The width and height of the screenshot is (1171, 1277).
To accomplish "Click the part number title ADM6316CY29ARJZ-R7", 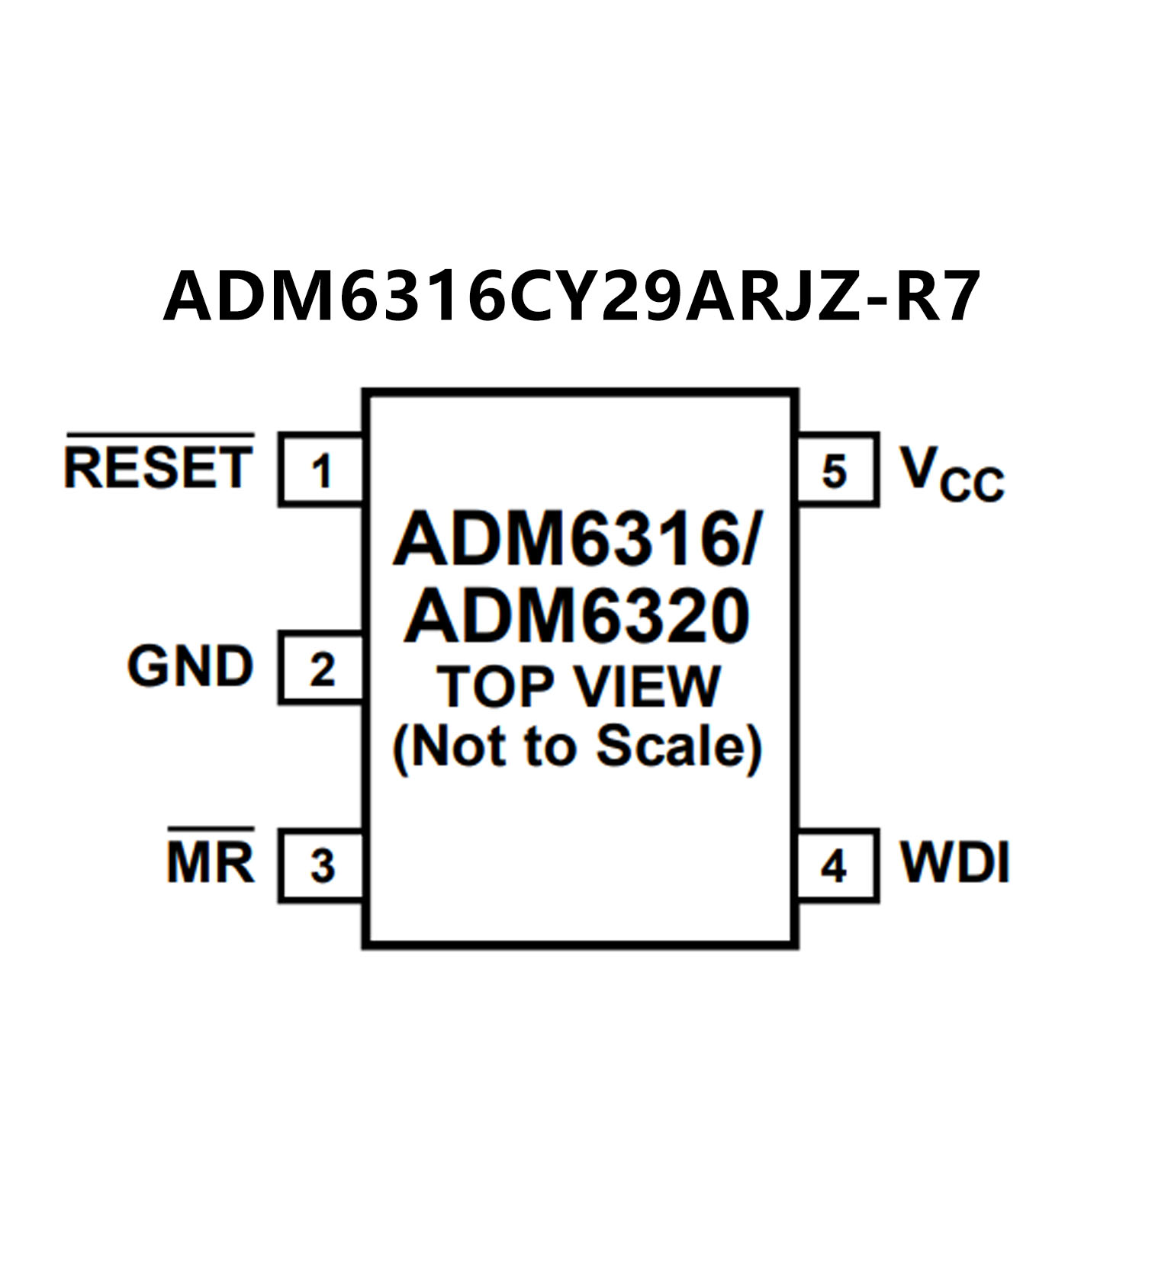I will click(571, 296).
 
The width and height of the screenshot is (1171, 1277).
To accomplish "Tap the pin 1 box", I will click(321, 470).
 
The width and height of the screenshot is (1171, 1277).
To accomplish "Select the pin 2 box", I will click(321, 669).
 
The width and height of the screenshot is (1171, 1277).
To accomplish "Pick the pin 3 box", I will click(321, 865).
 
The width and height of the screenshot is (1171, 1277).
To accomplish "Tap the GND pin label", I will click(190, 666).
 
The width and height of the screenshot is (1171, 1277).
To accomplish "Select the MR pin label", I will click(211, 864).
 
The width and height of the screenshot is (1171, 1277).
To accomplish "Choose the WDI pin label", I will click(954, 863).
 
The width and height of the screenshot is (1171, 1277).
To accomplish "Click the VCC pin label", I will click(951, 473).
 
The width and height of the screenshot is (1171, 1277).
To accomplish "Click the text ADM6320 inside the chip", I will click(577, 617).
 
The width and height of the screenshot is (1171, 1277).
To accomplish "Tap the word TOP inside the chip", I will click(494, 687).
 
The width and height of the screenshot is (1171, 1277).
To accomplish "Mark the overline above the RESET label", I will click(159, 435).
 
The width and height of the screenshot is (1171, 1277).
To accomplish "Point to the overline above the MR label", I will click(211, 828).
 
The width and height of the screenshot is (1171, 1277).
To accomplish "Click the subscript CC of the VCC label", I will click(972, 485).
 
